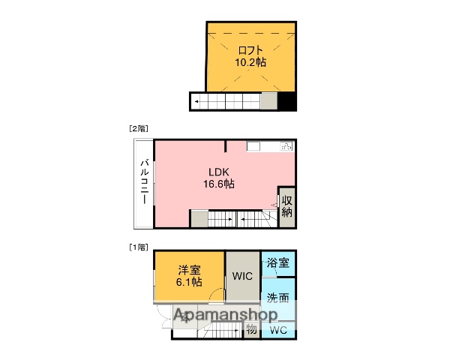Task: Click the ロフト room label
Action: point(250,50)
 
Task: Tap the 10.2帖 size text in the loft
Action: point(250,62)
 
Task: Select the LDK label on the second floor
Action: point(218,170)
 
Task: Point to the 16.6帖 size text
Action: point(218,183)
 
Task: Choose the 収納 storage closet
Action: point(286,206)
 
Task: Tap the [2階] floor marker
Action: point(137,129)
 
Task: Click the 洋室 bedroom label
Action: point(189,269)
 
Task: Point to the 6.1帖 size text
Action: point(189,282)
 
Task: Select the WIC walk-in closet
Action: point(241,276)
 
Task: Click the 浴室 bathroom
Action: point(278,263)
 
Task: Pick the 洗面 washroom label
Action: point(278,296)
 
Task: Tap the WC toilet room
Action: point(278,329)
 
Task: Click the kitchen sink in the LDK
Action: point(286,147)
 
